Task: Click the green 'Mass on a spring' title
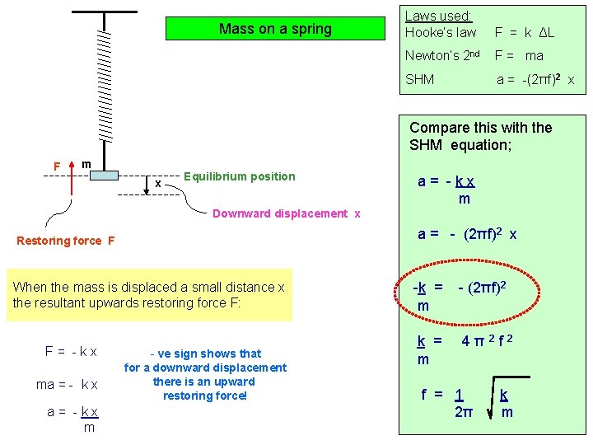pos(275,29)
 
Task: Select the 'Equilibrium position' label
pos(239,176)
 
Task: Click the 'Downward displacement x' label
pos(287,213)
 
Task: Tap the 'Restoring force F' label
pos(66,241)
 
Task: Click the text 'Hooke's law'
pos(441,33)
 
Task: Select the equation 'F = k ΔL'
pos(525,33)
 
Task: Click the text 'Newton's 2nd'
pos(442,56)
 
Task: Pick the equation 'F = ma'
pos(519,56)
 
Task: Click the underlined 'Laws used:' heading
pos(438,16)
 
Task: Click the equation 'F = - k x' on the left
pos(71,351)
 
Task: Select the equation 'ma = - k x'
pos(67,384)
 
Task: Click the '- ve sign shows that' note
pos(205,354)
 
